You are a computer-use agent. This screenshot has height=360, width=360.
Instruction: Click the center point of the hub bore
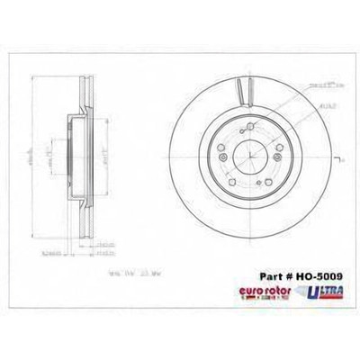[245, 160]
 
